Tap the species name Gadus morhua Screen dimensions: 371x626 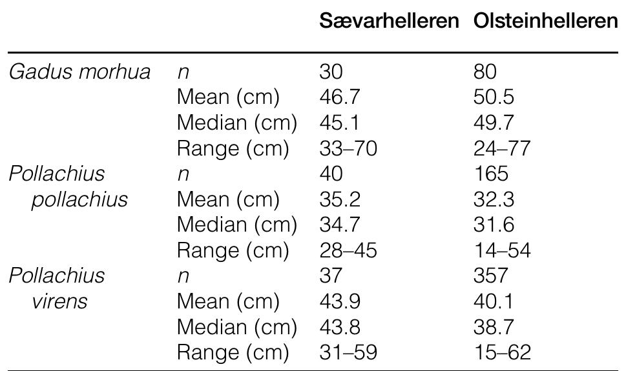tap(79, 72)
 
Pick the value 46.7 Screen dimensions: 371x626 tap(340, 98)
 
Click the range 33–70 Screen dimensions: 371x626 tap(348, 149)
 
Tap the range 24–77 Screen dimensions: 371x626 tap(502, 149)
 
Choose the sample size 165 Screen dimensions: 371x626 tap(490, 174)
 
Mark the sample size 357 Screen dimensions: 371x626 tap(490, 276)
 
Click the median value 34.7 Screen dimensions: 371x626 tap(340, 225)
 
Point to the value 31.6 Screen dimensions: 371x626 tap(494, 225)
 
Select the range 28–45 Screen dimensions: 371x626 tap(348, 250)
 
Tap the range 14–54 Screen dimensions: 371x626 tap(502, 250)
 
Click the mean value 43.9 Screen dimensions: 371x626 tap(340, 301)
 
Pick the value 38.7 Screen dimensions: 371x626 tap(494, 327)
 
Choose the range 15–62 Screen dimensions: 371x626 tap(502, 352)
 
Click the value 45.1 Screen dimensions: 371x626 tap(340, 123)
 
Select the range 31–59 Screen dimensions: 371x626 tap(348, 352)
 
